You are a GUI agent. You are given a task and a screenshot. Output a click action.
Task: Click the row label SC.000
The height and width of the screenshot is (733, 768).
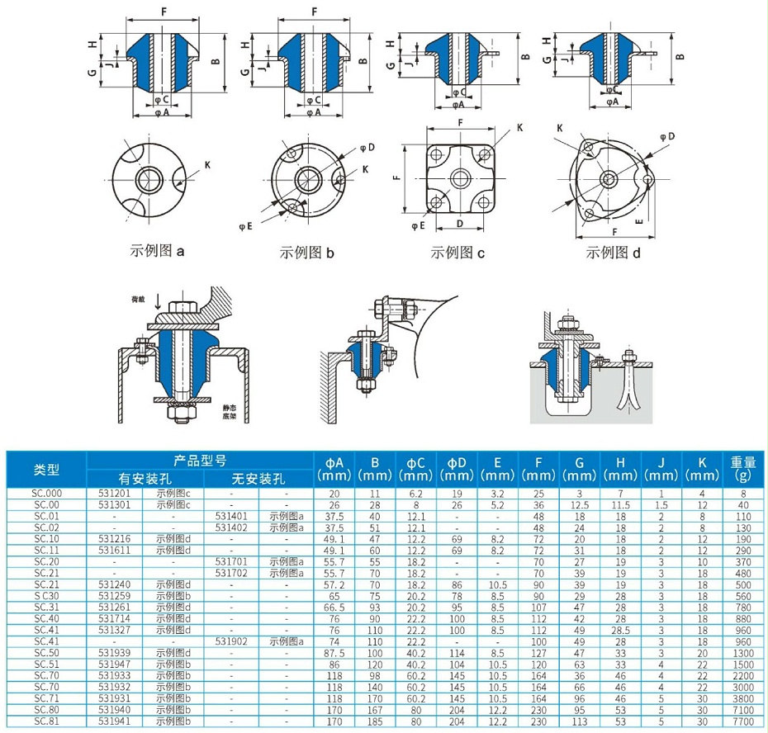(x=46, y=494)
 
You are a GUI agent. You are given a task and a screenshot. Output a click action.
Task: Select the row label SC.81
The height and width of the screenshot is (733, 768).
(x=46, y=721)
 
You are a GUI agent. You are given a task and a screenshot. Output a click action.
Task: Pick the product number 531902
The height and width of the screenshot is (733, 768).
(x=232, y=641)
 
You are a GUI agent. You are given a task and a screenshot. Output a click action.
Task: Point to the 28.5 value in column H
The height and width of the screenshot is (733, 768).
(x=619, y=629)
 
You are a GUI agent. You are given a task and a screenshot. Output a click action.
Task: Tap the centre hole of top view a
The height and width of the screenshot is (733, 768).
(x=150, y=180)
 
